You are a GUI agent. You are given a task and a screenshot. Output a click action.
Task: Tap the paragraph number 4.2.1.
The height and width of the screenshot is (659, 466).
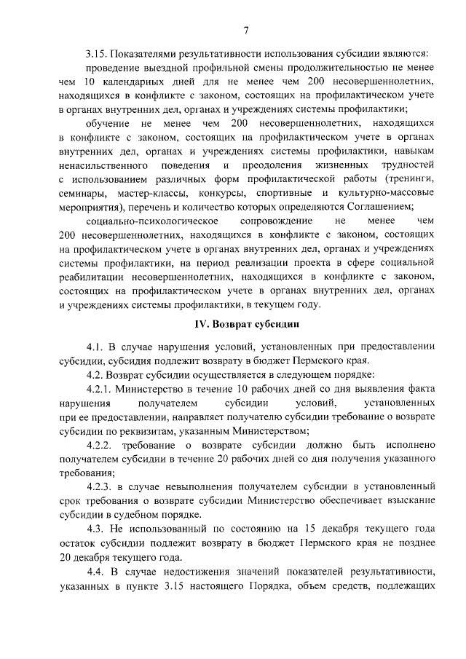100,390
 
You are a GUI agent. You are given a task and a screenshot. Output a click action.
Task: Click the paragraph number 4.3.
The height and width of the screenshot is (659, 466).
95,527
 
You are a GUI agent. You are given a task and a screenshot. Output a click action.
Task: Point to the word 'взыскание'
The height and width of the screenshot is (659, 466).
411,500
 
